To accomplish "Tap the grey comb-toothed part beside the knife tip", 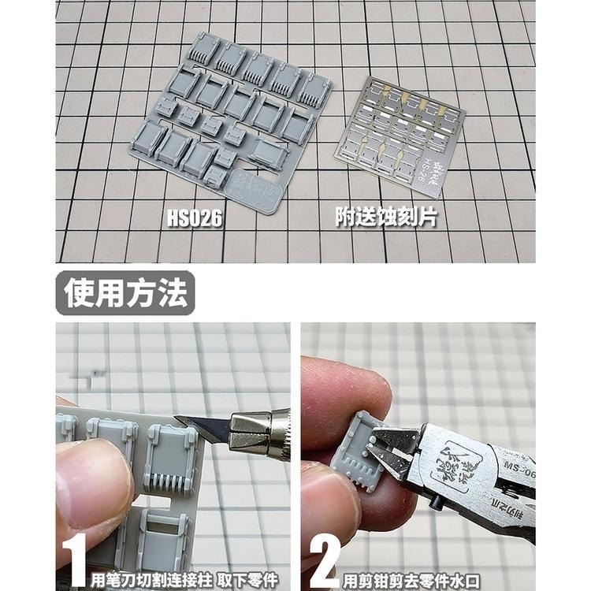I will [x=169, y=461].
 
